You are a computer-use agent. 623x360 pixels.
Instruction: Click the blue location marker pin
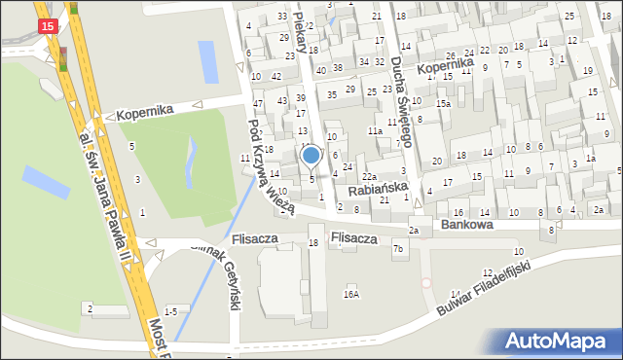click(311, 156)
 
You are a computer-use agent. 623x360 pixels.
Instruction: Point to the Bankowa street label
click(466, 224)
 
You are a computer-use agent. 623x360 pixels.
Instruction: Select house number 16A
click(351, 294)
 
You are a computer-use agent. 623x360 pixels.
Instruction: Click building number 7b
click(398, 249)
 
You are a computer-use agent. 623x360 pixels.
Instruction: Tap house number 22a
click(370, 176)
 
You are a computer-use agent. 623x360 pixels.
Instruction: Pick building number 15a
click(444, 103)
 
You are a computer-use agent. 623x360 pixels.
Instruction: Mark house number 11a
click(375, 130)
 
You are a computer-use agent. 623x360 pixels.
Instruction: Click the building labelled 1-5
click(170, 311)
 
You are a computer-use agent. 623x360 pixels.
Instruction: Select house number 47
click(258, 102)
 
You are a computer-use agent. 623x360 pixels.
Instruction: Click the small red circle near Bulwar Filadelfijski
click(425, 283)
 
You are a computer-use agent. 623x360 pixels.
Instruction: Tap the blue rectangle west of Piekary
click(208, 61)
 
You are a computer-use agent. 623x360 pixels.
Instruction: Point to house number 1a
click(590, 158)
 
